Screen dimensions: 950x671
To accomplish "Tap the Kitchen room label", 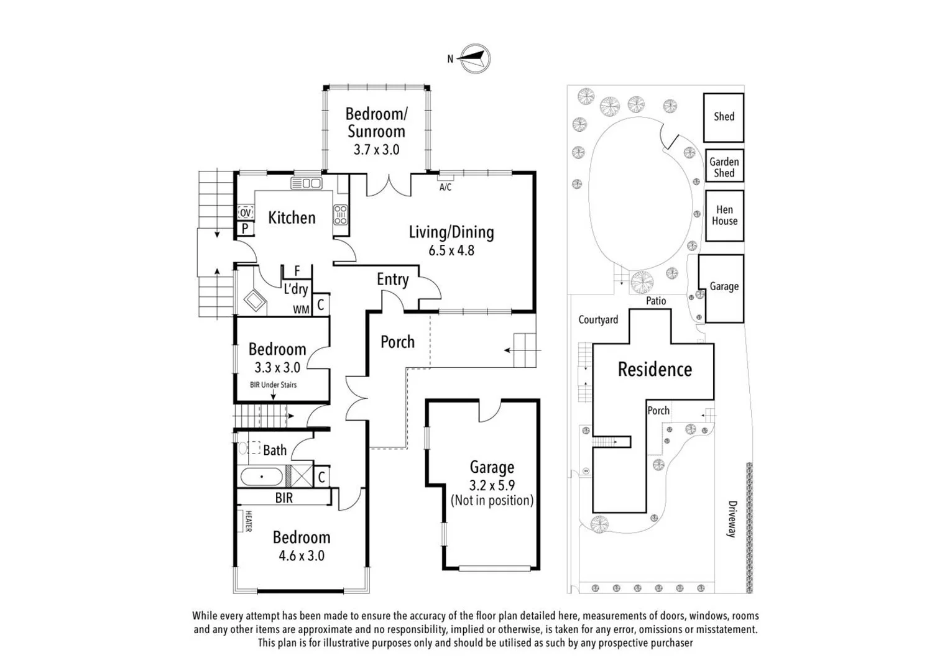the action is [x=292, y=217].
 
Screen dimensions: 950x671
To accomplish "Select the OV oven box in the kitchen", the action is [x=246, y=212].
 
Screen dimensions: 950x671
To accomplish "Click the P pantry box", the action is [x=245, y=229].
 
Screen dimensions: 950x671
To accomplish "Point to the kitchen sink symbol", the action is [x=307, y=183].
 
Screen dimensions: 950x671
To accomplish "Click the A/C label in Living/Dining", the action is [x=445, y=188].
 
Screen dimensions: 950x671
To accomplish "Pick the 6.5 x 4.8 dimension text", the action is [x=451, y=250].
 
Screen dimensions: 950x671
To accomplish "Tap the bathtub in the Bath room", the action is [x=262, y=477].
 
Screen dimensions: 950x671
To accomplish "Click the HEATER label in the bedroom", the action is [x=249, y=521].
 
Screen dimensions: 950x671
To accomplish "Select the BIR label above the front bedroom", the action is [x=284, y=498].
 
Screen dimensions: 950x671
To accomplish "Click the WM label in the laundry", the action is [x=301, y=310].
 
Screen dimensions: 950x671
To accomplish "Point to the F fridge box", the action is [x=297, y=272].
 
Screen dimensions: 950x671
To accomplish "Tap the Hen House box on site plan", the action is [x=724, y=216].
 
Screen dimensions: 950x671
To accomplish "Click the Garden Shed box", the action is [x=724, y=166].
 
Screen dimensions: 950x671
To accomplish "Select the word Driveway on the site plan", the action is [x=732, y=519].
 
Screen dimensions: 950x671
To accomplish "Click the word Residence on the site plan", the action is [x=655, y=369].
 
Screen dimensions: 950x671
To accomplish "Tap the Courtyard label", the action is [x=598, y=319].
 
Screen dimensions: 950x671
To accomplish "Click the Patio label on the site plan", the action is [x=656, y=301].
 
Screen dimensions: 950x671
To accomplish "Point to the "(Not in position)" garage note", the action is [x=492, y=501].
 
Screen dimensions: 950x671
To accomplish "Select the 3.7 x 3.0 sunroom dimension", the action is [x=377, y=150].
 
